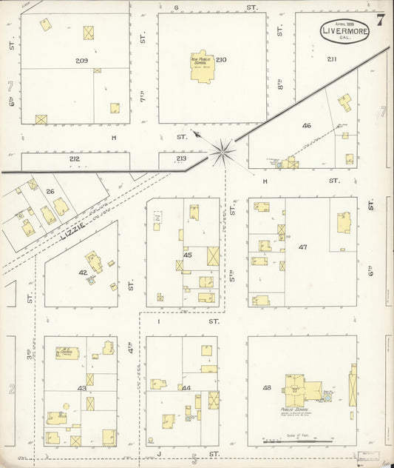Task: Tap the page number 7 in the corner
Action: tap(380, 20)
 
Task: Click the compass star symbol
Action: tap(222, 152)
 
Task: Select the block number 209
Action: tap(81, 59)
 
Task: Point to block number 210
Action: tap(221, 59)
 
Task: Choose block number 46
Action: tap(307, 125)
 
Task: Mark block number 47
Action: tap(302, 247)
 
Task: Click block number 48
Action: tap(266, 387)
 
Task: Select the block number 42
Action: tap(83, 273)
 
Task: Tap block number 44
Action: tap(186, 388)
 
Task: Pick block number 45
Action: tap(188, 255)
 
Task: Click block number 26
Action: tap(50, 193)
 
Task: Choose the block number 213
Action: tap(182, 158)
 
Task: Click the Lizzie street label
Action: tap(74, 221)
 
